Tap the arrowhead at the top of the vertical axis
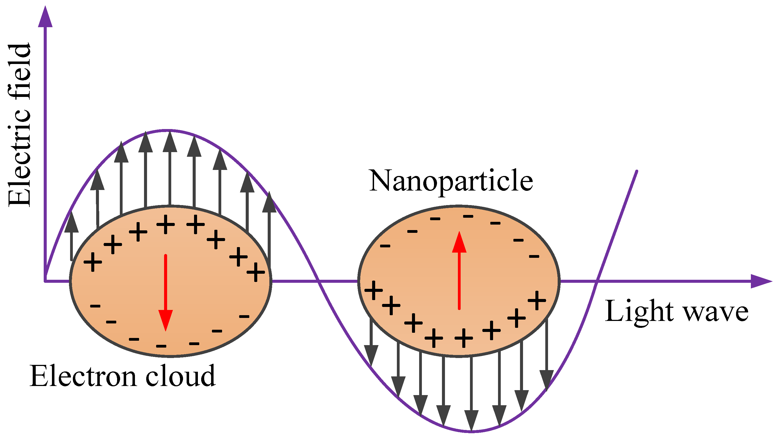click(45, 17)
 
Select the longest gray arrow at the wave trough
click(471, 393)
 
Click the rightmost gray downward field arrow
click(547, 354)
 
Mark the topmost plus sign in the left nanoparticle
click(165, 225)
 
